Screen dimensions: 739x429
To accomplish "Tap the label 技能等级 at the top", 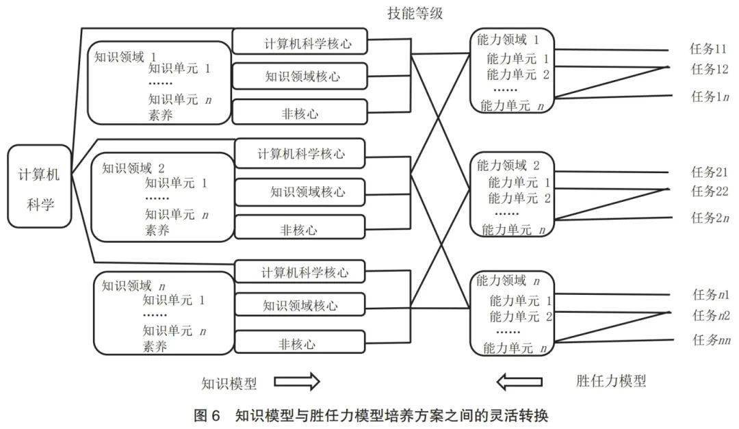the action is (415, 13).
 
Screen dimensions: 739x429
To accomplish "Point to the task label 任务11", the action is (708, 49).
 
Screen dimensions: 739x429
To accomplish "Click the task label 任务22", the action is (710, 191).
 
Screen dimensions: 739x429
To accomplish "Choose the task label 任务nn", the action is (711, 339).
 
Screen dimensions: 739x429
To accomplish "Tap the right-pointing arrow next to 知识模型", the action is (297, 381).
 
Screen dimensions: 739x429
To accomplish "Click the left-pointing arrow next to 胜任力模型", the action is (519, 381).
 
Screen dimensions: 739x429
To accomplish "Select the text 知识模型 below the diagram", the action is (229, 383).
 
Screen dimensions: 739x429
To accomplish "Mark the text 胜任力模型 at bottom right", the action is (611, 380).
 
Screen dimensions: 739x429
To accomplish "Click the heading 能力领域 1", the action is (508, 40).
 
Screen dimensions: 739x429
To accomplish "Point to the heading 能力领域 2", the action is (508, 165).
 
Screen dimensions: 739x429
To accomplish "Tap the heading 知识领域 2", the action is (133, 168).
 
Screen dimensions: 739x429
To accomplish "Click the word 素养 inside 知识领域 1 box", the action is (160, 114).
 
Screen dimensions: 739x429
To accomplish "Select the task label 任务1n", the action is (710, 96).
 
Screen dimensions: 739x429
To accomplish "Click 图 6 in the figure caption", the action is (207, 415).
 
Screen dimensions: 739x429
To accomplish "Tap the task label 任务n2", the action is (711, 315).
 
